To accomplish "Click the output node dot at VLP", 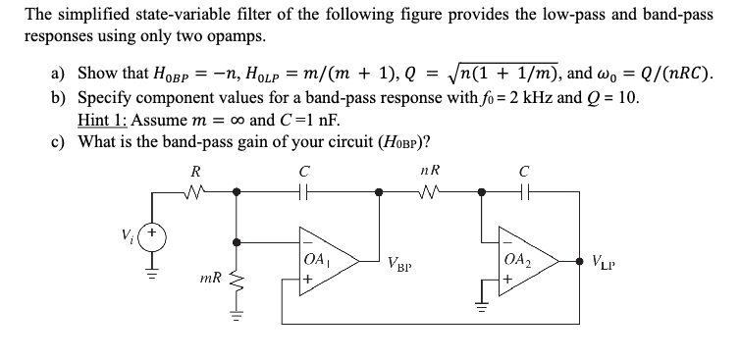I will pos(580,260).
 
